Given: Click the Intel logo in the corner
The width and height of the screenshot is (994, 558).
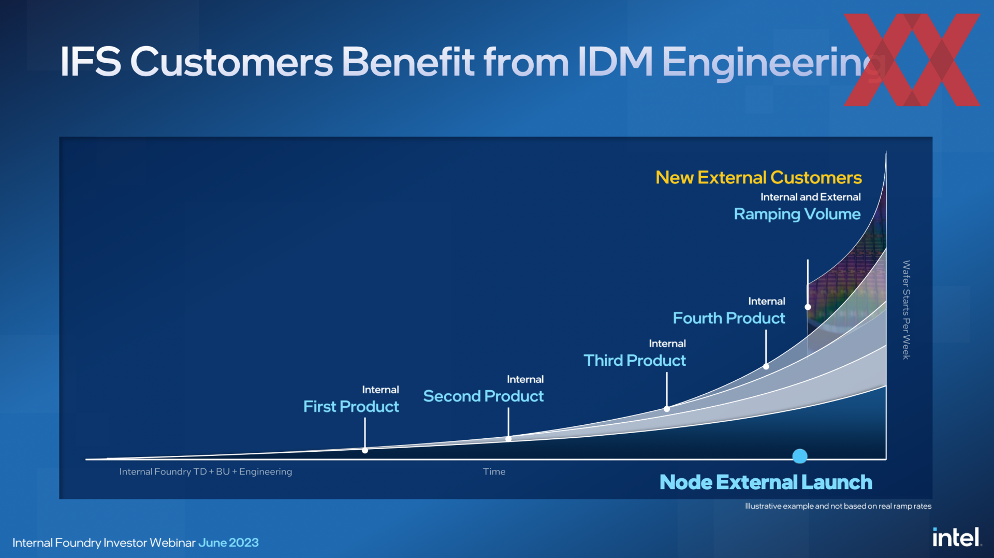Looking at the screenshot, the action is click(957, 537).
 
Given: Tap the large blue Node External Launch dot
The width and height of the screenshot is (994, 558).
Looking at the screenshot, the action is click(800, 456).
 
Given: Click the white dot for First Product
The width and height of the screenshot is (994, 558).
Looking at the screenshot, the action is click(365, 450).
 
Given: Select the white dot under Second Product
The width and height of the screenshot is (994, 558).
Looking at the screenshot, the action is click(508, 439).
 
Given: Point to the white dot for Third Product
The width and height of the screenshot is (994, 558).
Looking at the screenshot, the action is click(667, 409).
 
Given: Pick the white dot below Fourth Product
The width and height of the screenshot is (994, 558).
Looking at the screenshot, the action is click(766, 366).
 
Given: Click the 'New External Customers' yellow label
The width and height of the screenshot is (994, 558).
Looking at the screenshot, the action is click(758, 178).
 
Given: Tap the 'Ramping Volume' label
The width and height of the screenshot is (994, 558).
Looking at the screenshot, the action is click(797, 214).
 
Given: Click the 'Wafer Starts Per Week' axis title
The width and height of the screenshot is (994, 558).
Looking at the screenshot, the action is click(906, 310).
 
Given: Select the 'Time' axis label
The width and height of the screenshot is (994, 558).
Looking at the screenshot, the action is click(494, 471).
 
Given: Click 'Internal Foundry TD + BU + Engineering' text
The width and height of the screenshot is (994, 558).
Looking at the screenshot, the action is click(206, 471).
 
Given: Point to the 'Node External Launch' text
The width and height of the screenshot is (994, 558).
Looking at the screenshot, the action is click(766, 482).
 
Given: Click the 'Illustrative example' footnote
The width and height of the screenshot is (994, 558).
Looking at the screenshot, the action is click(838, 506).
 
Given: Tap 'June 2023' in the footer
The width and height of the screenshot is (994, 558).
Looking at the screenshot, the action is click(228, 542).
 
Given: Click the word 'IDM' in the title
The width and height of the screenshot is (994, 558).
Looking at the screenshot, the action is click(615, 62).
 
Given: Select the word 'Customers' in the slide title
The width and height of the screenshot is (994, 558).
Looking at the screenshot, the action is click(231, 62).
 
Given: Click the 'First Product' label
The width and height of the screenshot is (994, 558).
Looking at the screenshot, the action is click(351, 407).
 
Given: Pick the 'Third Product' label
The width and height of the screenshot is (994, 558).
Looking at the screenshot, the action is click(635, 361).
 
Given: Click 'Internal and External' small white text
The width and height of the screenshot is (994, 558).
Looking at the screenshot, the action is click(810, 197).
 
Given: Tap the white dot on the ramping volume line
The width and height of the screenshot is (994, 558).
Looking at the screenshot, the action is click(808, 307).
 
